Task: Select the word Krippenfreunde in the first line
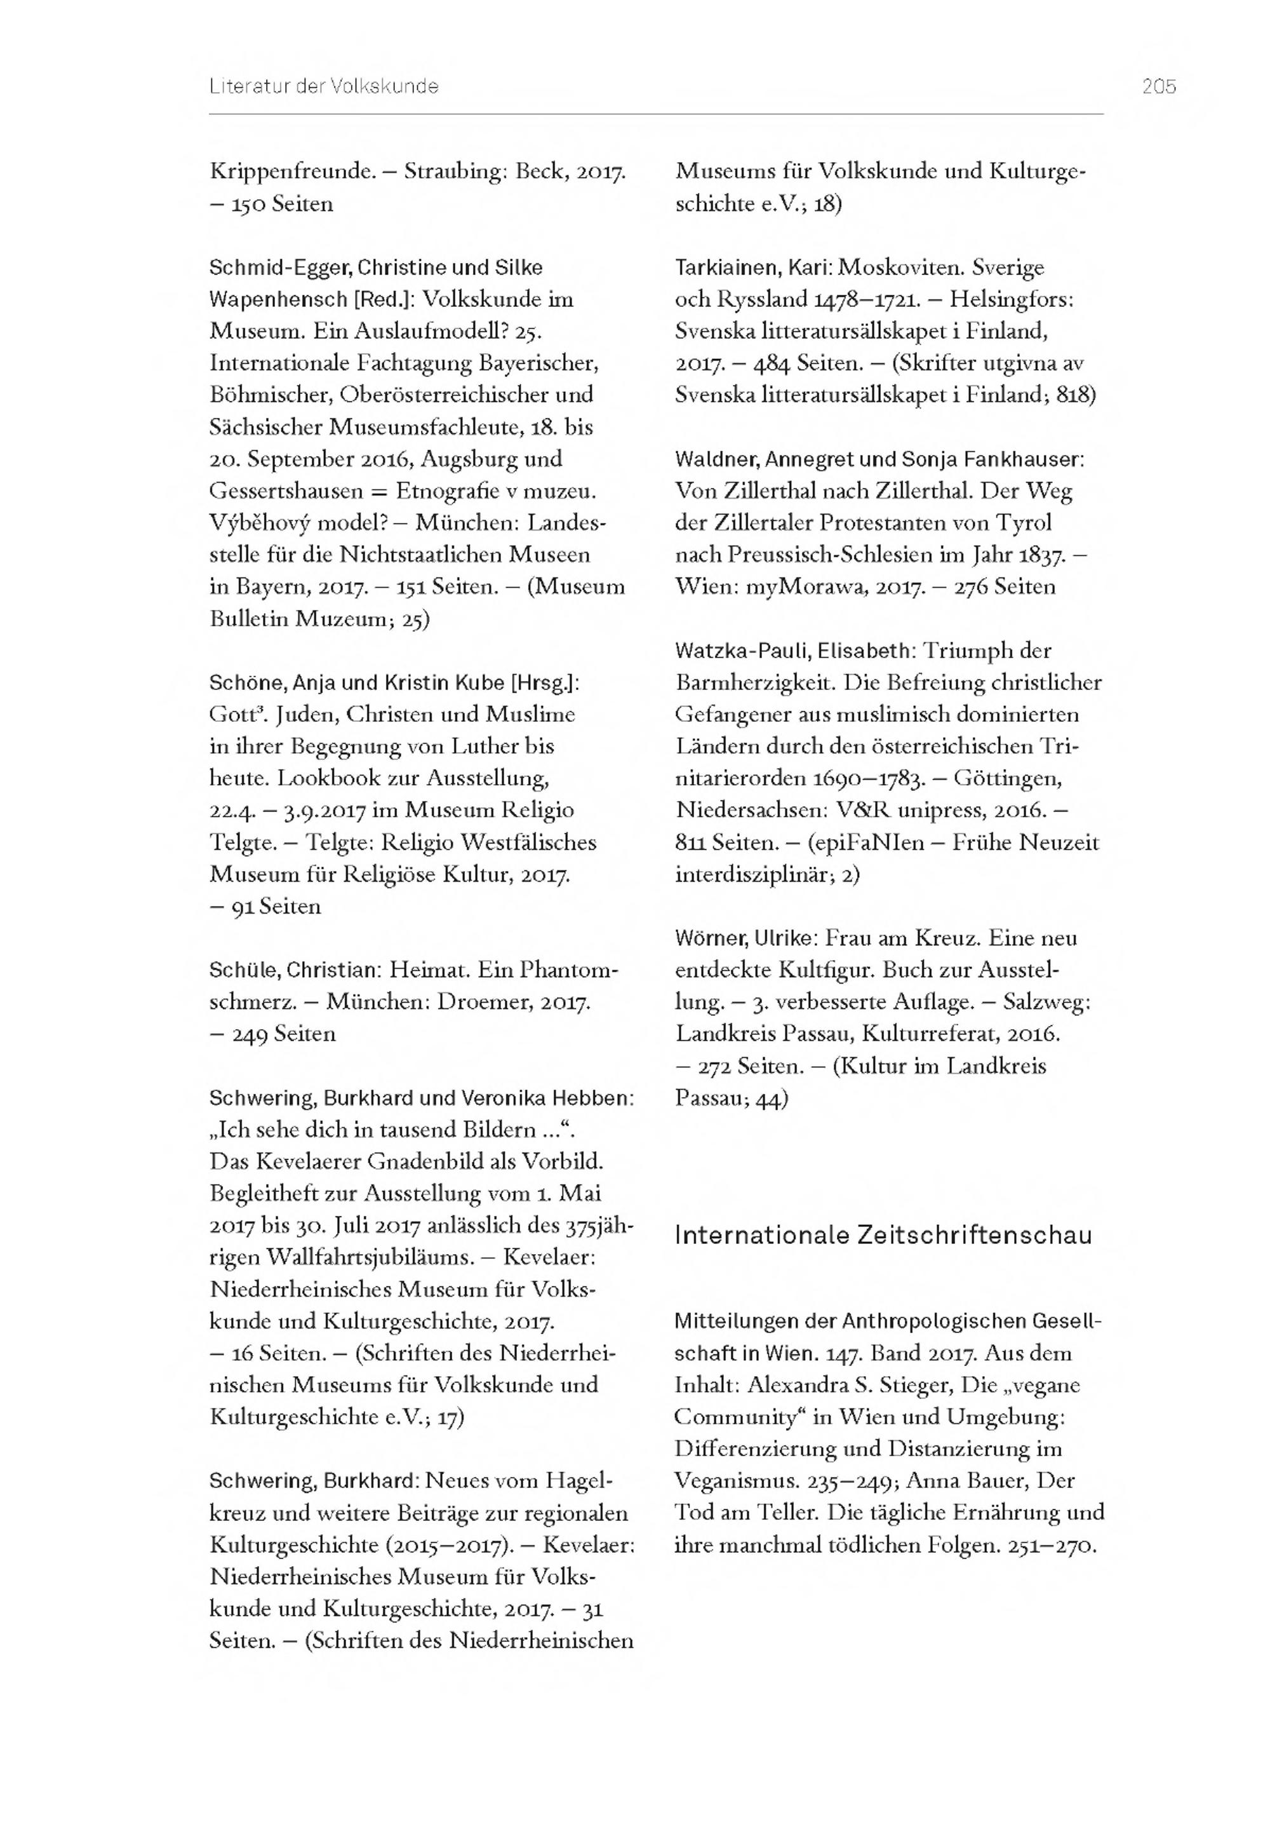(291, 171)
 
